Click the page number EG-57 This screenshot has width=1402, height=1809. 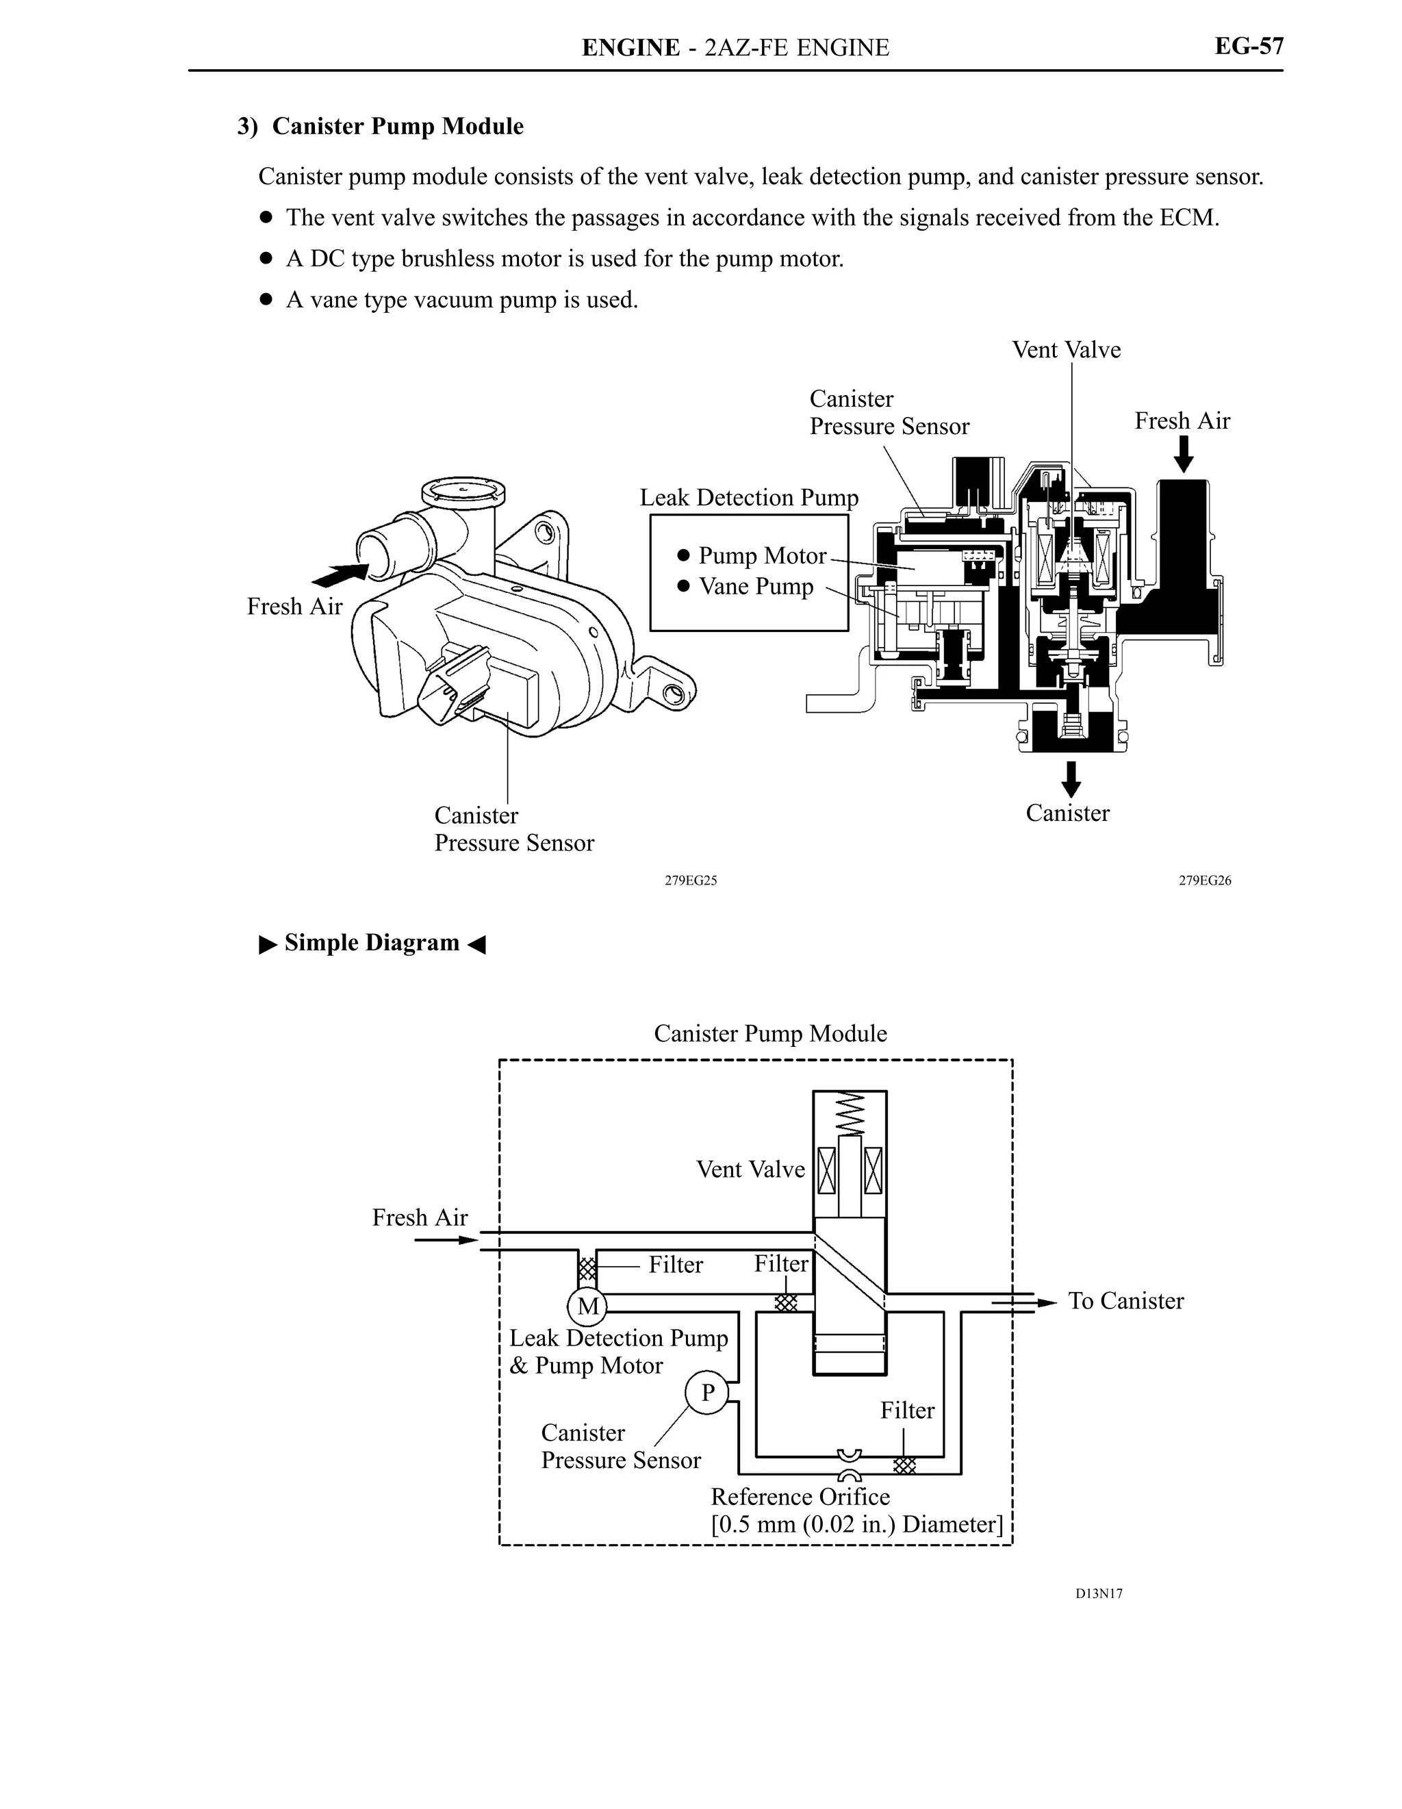pos(1248,46)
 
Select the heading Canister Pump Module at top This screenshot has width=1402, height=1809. pos(380,126)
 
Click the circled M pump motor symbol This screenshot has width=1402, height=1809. pos(587,1306)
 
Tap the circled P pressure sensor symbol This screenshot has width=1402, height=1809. pos(707,1393)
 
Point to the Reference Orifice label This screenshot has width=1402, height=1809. pos(800,1497)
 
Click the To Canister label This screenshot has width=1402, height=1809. pos(1125,1300)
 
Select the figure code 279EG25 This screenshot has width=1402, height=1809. pos(691,881)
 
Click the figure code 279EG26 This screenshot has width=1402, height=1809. pos(1205,881)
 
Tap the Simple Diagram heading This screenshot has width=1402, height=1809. pos(372,943)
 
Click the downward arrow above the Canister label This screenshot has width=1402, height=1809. pos(1071,779)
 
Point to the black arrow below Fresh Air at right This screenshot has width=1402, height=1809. pos(1184,454)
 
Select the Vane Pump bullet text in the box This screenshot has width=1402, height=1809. pos(755,586)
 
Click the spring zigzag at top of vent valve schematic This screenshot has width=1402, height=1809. pos(850,1114)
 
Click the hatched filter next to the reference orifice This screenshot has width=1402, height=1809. pos(904,1465)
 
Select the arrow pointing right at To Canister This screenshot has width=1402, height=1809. pos(1023,1303)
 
